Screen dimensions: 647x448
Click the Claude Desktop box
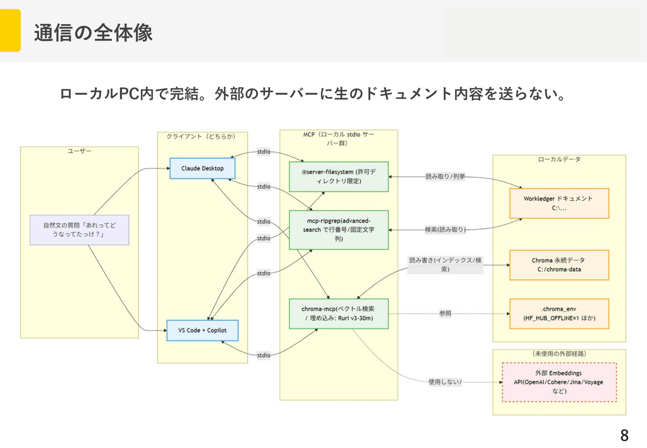click(x=202, y=168)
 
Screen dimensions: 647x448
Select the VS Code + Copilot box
click(x=202, y=330)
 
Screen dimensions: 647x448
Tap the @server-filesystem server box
click(x=339, y=176)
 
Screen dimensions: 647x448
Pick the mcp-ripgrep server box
click(x=339, y=230)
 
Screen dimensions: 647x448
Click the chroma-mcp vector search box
click(x=339, y=314)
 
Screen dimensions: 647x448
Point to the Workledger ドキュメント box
click(x=559, y=203)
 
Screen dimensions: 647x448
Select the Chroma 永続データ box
click(x=559, y=265)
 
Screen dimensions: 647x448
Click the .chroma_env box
click(x=559, y=314)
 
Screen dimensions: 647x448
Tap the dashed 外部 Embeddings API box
click(x=559, y=382)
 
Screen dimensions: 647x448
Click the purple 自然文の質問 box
click(x=79, y=230)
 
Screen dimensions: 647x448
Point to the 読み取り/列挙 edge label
click(x=445, y=176)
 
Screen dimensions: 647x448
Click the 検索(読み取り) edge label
click(x=445, y=230)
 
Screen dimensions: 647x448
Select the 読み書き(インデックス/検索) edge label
click(x=445, y=265)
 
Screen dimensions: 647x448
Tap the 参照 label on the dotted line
click(x=445, y=313)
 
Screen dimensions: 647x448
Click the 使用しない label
click(x=445, y=382)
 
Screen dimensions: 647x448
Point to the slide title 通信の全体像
click(x=93, y=33)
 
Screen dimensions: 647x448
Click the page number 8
click(x=624, y=435)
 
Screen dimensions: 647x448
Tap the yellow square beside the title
click(x=10, y=30)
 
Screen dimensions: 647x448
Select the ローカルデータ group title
click(x=559, y=159)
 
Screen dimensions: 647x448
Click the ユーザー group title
click(x=79, y=151)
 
